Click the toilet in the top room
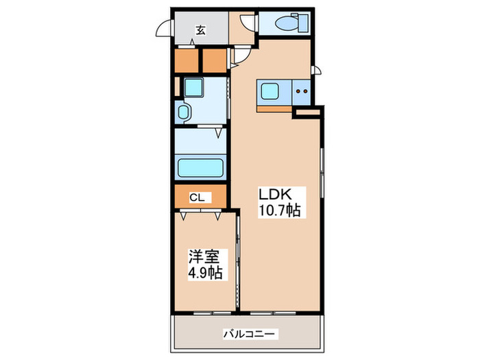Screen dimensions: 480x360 click(291, 23)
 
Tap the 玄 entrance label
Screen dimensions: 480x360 click(200, 30)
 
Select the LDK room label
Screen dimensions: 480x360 click(275, 194)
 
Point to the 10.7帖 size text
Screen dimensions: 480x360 click(280, 210)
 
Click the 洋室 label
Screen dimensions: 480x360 click(204, 256)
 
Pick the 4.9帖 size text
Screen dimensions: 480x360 click(205, 272)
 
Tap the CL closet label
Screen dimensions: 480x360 click(197, 197)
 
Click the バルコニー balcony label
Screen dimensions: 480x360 click(249, 334)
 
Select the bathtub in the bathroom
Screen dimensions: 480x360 click(200, 168)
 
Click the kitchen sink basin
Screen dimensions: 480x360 click(269, 91)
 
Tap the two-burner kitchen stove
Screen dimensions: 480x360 click(301, 91)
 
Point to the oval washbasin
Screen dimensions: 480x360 click(183, 112)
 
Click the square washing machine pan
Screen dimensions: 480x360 click(194, 87)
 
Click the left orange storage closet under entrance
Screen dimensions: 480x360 click(186, 60)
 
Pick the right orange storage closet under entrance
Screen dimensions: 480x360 click(214, 60)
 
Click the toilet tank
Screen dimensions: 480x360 click(304, 23)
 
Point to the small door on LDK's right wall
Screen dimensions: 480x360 click(317, 70)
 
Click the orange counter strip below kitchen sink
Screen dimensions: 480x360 click(274, 109)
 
